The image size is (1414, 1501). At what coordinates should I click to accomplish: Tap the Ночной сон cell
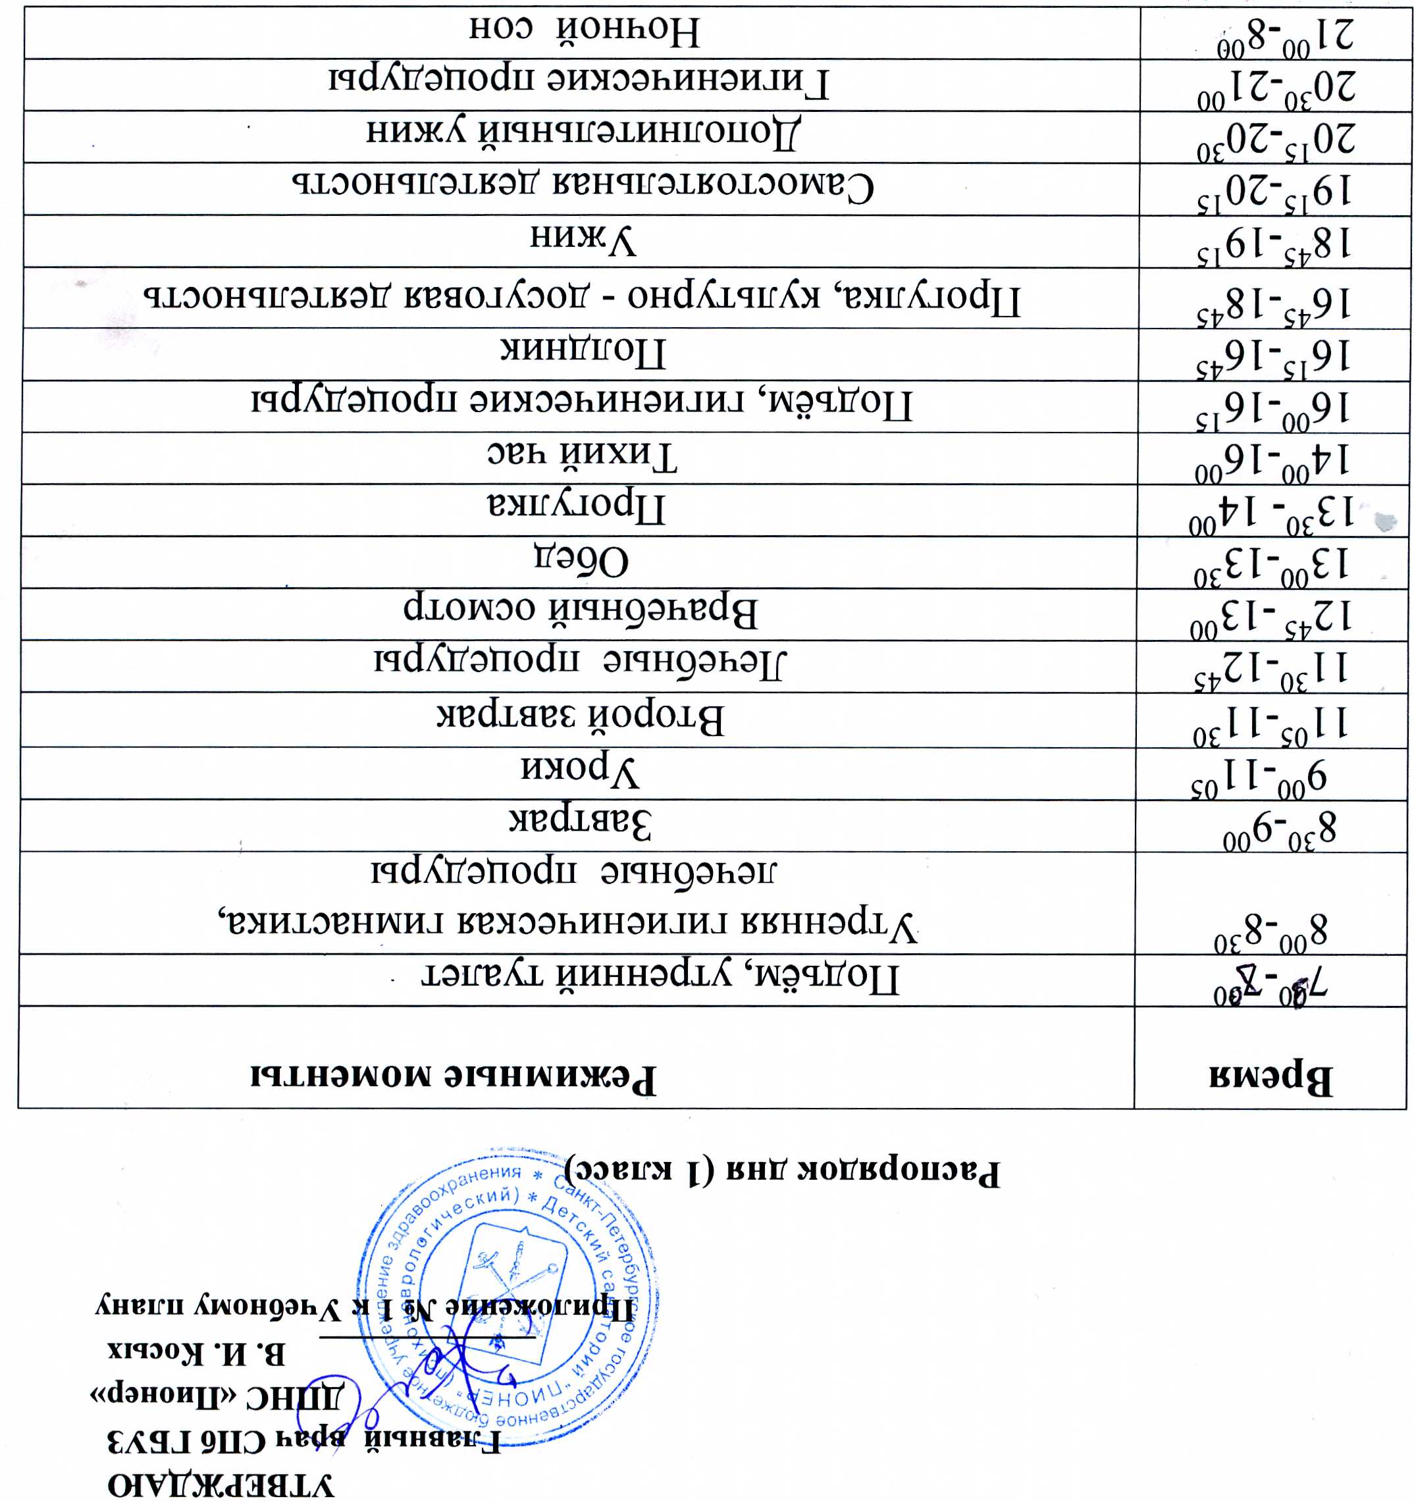coord(585,31)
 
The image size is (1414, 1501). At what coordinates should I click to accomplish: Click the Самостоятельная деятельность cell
coord(583,186)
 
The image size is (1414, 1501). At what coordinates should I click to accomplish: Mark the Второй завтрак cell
coord(581,718)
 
